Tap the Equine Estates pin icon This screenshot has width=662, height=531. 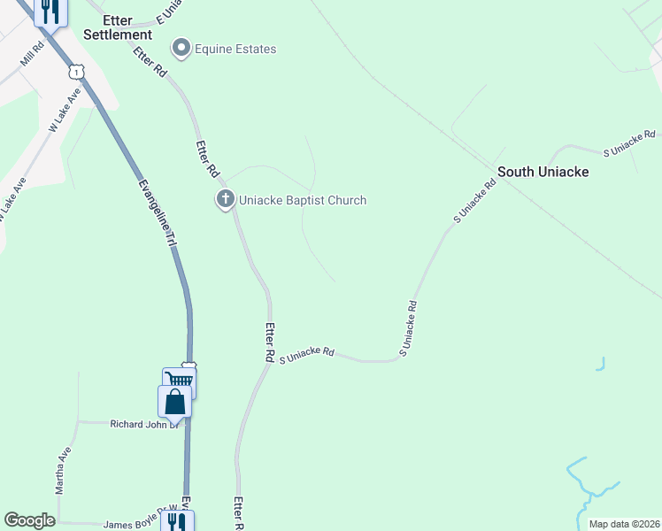[182, 48]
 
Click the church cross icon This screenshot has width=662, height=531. [226, 200]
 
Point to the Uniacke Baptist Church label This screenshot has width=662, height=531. [303, 200]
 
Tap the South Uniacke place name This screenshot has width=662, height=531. [543, 172]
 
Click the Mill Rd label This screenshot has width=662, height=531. [33, 58]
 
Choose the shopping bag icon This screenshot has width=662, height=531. [174, 401]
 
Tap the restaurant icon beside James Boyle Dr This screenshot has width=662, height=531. [177, 521]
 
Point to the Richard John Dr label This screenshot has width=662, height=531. [144, 424]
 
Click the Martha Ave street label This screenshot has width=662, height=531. [62, 470]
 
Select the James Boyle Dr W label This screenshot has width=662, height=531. [135, 523]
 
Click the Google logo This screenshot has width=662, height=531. [30, 520]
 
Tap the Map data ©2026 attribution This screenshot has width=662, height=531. [624, 524]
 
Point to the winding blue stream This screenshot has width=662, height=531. [585, 487]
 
